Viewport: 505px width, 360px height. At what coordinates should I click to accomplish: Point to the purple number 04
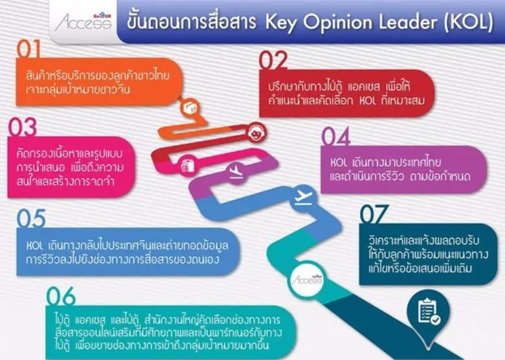pos(336,137)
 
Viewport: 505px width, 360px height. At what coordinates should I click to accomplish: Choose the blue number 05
pos(30,218)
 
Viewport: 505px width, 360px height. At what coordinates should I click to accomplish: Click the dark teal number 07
pos(375,214)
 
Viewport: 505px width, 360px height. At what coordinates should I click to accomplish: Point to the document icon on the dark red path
pos(189,165)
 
